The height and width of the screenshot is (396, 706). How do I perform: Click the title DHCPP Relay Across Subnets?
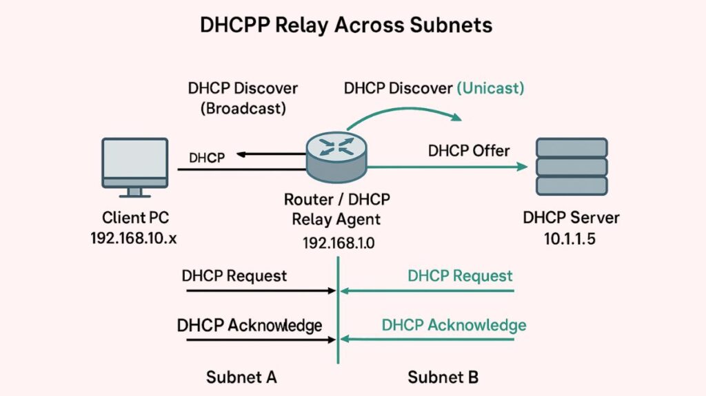(346, 25)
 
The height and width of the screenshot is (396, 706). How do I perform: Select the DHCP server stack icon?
(572, 166)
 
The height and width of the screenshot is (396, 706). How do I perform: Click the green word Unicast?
(491, 88)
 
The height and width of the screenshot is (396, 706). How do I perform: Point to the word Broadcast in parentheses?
(243, 109)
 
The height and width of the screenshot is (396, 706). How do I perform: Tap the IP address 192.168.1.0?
(338, 242)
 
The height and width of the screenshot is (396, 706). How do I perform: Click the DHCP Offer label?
(469, 150)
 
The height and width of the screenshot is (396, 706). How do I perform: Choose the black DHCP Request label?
(234, 275)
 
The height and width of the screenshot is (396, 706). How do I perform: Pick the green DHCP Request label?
(460, 276)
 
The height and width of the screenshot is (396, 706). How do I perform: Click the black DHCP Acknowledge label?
(250, 325)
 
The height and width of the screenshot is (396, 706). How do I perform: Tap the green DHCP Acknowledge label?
(454, 325)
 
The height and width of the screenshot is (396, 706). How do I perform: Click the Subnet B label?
(443, 377)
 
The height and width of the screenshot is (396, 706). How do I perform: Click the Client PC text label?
(134, 218)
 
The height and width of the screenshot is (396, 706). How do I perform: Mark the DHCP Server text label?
(572, 218)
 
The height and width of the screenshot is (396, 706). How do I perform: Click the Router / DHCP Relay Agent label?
(337, 210)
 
